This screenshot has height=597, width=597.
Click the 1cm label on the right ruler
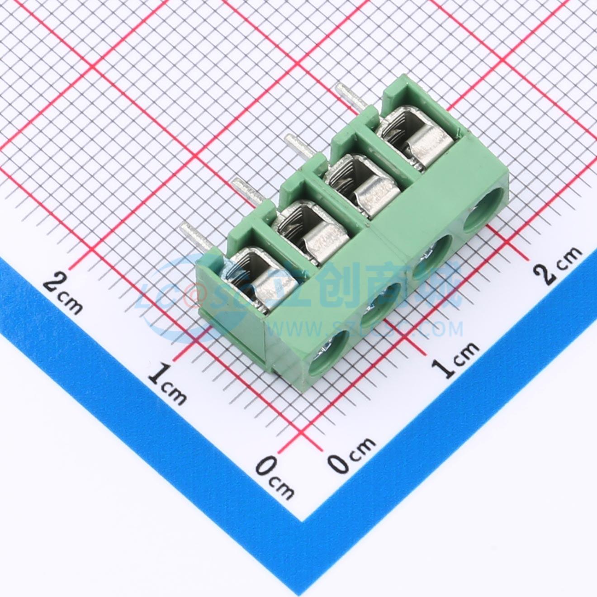455,360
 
